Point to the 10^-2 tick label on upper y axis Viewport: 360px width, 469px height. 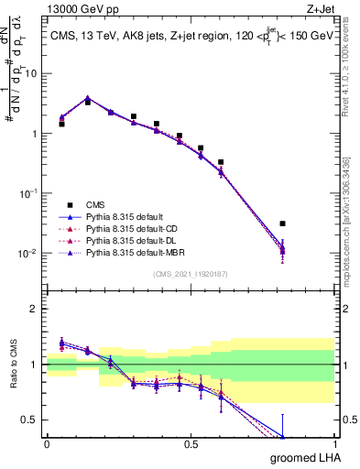[x=30, y=254]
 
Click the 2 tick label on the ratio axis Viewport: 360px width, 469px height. [x=36, y=309]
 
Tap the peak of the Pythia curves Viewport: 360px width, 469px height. [x=87, y=97]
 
